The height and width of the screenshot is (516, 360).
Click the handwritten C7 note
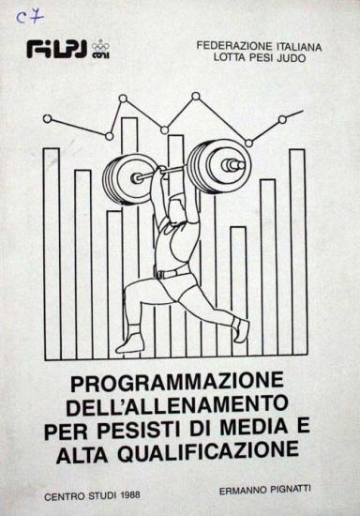pyautogui.click(x=30, y=17)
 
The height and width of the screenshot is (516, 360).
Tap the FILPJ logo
pyautogui.click(x=56, y=50)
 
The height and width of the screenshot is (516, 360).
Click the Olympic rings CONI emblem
pyautogui.click(x=100, y=50)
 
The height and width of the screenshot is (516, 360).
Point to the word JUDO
pyautogui.click(x=292, y=58)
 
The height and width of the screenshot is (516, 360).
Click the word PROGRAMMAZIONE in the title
pyautogui.click(x=177, y=382)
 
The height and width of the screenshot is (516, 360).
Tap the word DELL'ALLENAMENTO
pyautogui.click(x=177, y=404)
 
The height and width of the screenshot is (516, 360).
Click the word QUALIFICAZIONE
pyautogui.click(x=208, y=451)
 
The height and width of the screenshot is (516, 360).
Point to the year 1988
pyautogui.click(x=130, y=495)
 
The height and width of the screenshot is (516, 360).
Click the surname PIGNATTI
pyautogui.click(x=290, y=489)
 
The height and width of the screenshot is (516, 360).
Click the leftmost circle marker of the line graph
pyautogui.click(x=47, y=119)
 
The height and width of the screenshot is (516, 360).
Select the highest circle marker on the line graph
pyautogui.click(x=196, y=96)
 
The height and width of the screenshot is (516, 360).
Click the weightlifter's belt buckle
pyautogui.click(x=160, y=274)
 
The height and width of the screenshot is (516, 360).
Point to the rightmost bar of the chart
pyautogui.click(x=297, y=252)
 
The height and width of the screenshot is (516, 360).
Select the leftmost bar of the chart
pyautogui.click(x=52, y=253)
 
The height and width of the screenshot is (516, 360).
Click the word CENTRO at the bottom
pyautogui.click(x=65, y=496)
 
